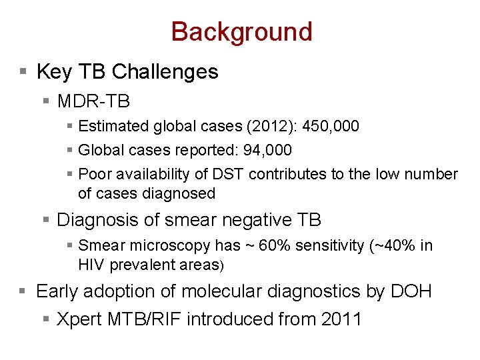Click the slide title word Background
pos(241,31)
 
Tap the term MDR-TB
pos(93,101)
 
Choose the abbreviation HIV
pos(91,265)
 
